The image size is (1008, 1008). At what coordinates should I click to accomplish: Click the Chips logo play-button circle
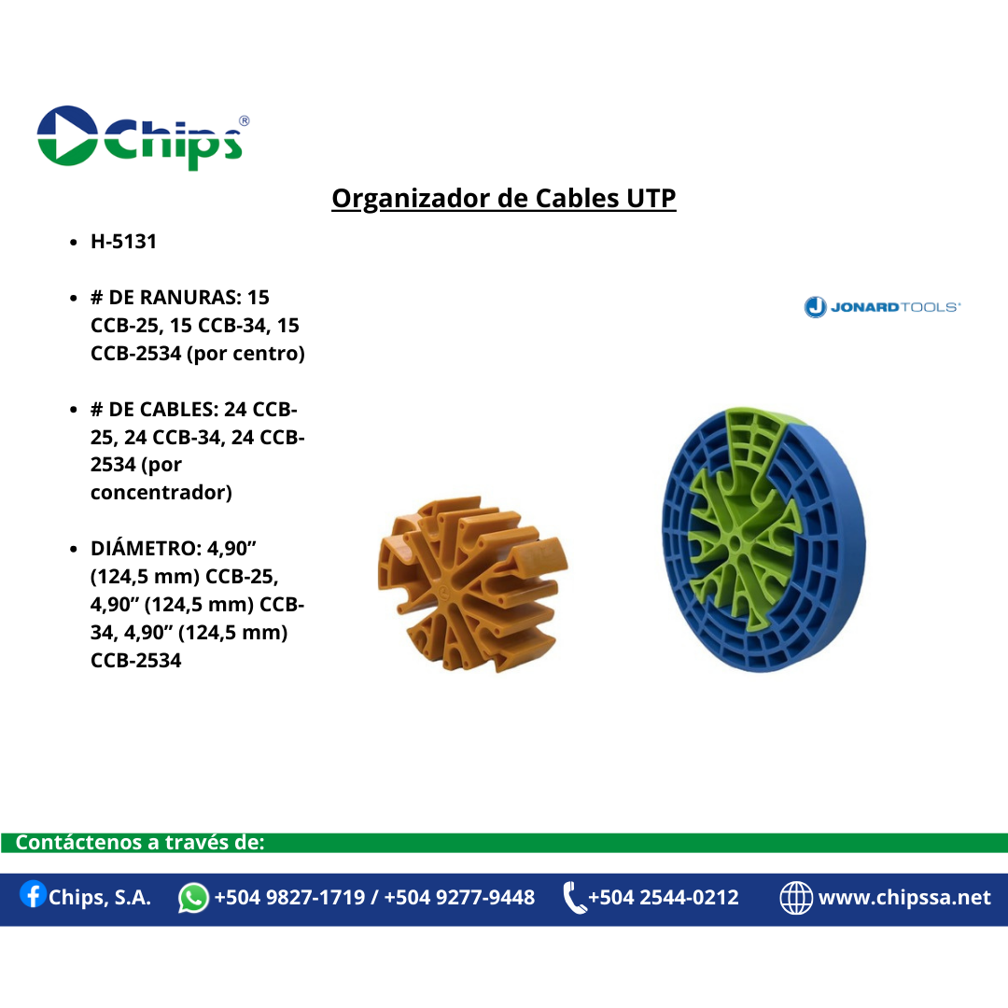coord(67,135)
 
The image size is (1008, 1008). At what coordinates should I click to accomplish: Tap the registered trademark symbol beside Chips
coord(244,120)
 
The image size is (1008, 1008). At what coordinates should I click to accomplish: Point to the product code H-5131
coord(123,242)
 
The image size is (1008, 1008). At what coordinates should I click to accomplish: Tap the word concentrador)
coord(161,493)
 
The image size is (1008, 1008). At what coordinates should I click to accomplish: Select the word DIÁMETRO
coord(146,548)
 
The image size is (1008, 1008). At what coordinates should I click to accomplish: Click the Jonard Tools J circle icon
coord(815,307)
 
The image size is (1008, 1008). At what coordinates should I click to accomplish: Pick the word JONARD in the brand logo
coord(864,307)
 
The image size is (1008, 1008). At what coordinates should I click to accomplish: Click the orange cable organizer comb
coord(472,584)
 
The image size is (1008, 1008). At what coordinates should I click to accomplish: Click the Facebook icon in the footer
coord(33,894)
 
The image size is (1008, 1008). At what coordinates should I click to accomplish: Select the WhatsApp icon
coord(193,898)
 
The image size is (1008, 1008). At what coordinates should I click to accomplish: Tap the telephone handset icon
coord(574,898)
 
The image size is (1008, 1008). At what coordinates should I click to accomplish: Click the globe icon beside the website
coord(796,898)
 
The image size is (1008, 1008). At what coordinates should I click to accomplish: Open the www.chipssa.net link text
coord(904,898)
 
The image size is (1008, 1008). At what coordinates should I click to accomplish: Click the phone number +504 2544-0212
coord(664,898)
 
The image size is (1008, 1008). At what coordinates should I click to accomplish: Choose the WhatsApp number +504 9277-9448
coord(459,898)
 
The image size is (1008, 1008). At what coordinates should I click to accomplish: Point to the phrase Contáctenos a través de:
coord(140,842)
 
